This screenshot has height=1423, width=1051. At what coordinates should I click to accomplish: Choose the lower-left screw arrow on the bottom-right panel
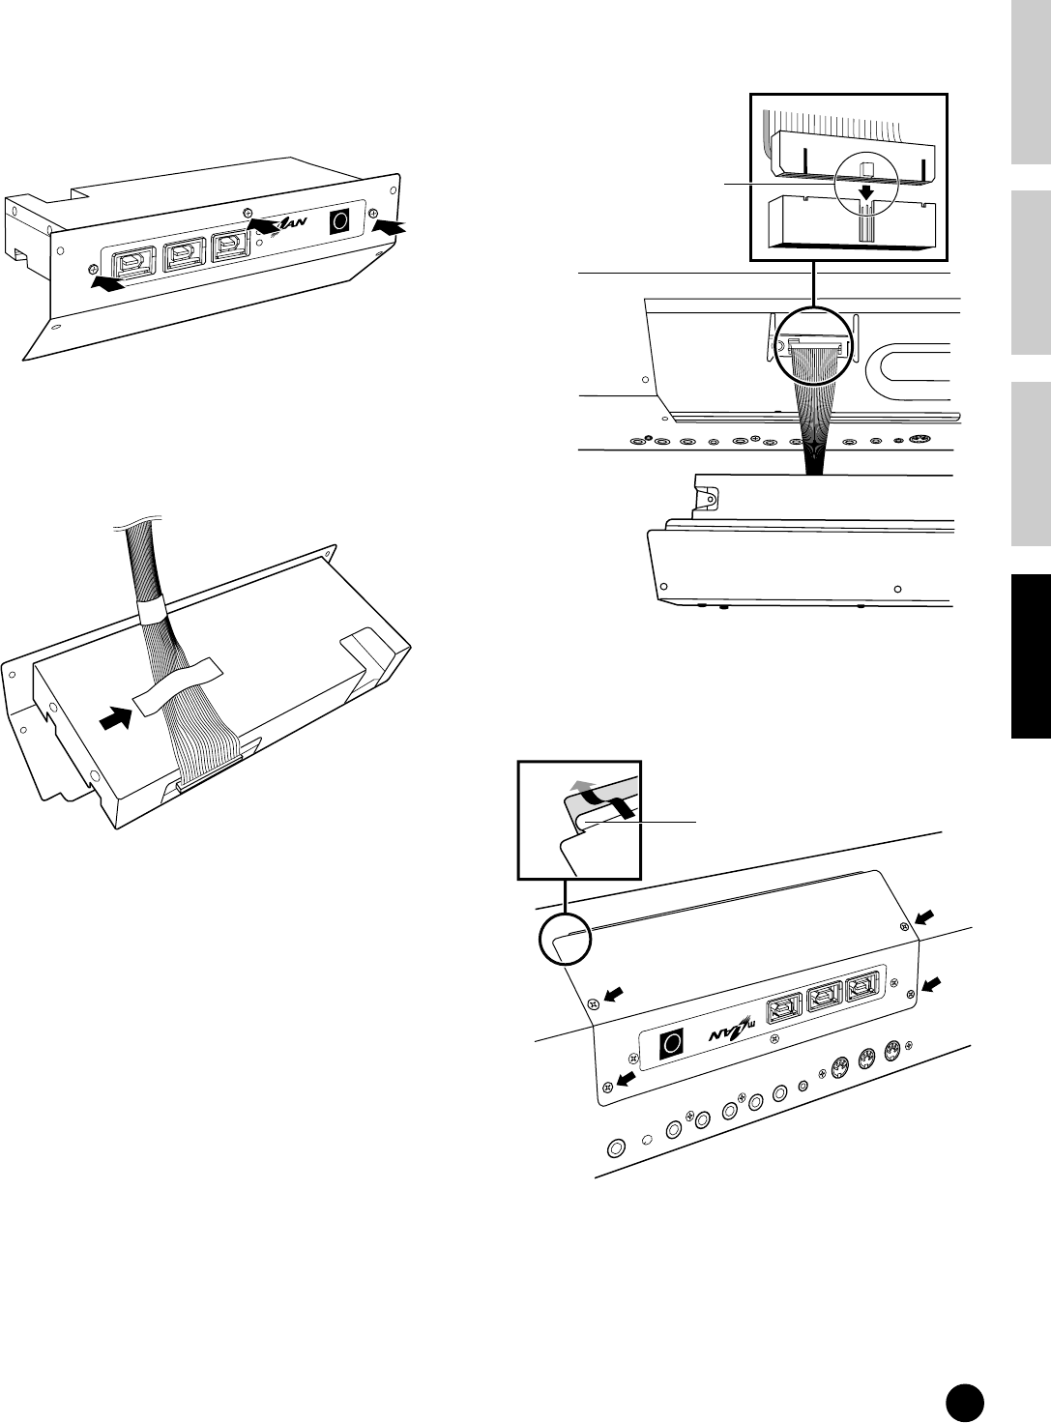click(627, 1076)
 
